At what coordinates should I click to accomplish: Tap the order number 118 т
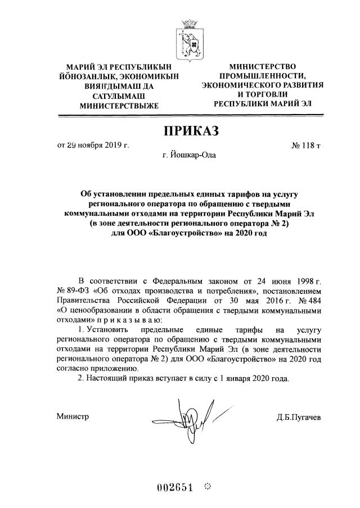pyautogui.click(x=306, y=146)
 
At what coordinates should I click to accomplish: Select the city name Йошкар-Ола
pyautogui.click(x=188, y=155)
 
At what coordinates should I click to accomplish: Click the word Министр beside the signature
pyautogui.click(x=73, y=416)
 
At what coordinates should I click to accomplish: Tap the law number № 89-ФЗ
pyautogui.click(x=74, y=291)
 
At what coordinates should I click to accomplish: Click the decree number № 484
pyautogui.click(x=310, y=300)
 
